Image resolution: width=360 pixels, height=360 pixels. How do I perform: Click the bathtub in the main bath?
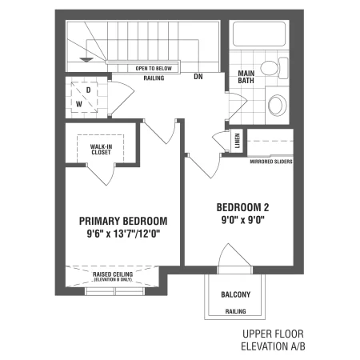[x=259, y=34]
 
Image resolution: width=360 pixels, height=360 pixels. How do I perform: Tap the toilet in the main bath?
[x=274, y=68]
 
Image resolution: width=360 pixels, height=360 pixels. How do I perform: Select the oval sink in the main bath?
[x=278, y=105]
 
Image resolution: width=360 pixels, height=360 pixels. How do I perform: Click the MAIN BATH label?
[x=246, y=77]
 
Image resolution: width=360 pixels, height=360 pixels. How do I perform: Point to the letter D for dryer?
[x=89, y=90]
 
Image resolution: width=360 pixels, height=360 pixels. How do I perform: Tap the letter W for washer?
[x=79, y=104]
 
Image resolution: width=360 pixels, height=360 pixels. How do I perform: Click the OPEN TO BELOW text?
[x=154, y=69]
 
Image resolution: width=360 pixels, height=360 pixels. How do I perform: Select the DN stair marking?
[x=198, y=77]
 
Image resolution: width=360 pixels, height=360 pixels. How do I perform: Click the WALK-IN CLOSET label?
[x=101, y=150]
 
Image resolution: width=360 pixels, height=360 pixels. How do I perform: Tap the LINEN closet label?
[x=237, y=141]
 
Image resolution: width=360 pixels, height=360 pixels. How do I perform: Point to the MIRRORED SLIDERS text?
[x=271, y=162]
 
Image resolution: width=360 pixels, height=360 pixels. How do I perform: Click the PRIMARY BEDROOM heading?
[x=123, y=221]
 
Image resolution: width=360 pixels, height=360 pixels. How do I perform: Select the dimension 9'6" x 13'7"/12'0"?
[x=123, y=234]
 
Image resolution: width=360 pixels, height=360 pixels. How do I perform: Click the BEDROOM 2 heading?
[x=242, y=207]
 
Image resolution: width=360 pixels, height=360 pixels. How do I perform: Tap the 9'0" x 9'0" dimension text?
[x=242, y=220]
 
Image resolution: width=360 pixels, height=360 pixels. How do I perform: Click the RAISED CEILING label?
[x=113, y=274]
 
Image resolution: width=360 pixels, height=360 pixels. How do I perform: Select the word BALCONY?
[x=236, y=294]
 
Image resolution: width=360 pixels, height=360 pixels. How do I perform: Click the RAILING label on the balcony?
[x=236, y=311]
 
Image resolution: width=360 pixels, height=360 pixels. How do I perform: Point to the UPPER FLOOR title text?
[x=273, y=334]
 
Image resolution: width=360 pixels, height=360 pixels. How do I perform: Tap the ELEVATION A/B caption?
[x=273, y=346]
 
